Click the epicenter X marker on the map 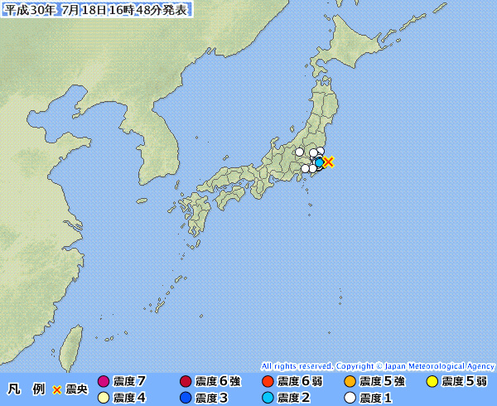(x=328, y=162)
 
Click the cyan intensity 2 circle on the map (x=319, y=162)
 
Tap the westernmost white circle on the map (x=300, y=152)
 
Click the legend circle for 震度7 (x=104, y=381)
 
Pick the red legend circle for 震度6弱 (x=268, y=381)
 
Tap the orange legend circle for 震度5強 (x=350, y=381)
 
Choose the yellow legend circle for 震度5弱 (x=432, y=381)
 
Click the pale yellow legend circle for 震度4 (x=104, y=397)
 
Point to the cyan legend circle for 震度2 (x=268, y=397)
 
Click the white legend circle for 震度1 (x=350, y=397)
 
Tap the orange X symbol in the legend (x=57, y=389)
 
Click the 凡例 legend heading (x=27, y=389)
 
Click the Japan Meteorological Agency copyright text (x=378, y=365)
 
